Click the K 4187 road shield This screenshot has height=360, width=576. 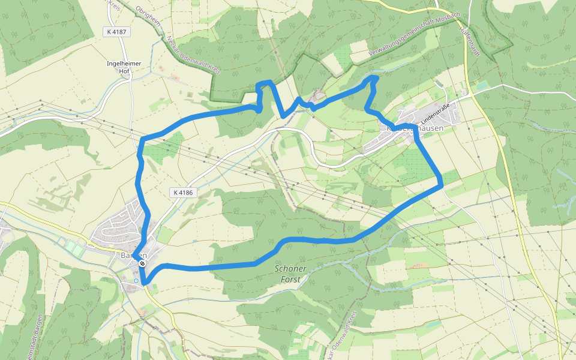click(x=116, y=32)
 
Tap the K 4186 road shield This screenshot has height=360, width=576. click(x=182, y=193)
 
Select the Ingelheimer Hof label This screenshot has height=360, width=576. click(x=118, y=67)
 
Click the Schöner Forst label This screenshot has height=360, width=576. click(x=291, y=274)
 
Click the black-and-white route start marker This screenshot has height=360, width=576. click(x=142, y=263)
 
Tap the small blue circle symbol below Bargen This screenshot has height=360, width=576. click(x=136, y=280)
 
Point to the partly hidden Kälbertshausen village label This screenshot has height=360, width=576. click(x=414, y=128)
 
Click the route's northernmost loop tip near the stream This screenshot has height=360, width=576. click(x=374, y=77)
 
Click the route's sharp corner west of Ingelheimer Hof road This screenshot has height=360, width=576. click(x=143, y=140)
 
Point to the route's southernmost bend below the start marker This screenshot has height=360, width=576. click(x=145, y=283)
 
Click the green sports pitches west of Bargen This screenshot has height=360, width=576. click(x=72, y=246)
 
